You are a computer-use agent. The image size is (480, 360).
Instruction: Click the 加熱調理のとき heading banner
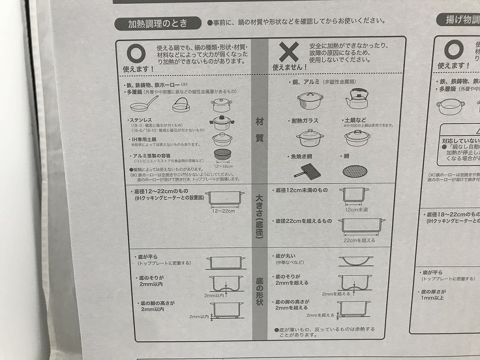(x=158, y=24)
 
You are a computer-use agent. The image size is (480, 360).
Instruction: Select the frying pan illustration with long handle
(x=147, y=104)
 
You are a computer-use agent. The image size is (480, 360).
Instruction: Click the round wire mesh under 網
(x=355, y=170)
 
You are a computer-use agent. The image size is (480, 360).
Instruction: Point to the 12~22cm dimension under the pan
(x=223, y=211)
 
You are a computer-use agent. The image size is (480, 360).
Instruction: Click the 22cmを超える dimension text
(x=360, y=240)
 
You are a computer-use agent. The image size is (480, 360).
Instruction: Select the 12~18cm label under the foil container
(x=223, y=166)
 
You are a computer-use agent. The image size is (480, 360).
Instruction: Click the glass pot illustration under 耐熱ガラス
(x=310, y=138)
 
